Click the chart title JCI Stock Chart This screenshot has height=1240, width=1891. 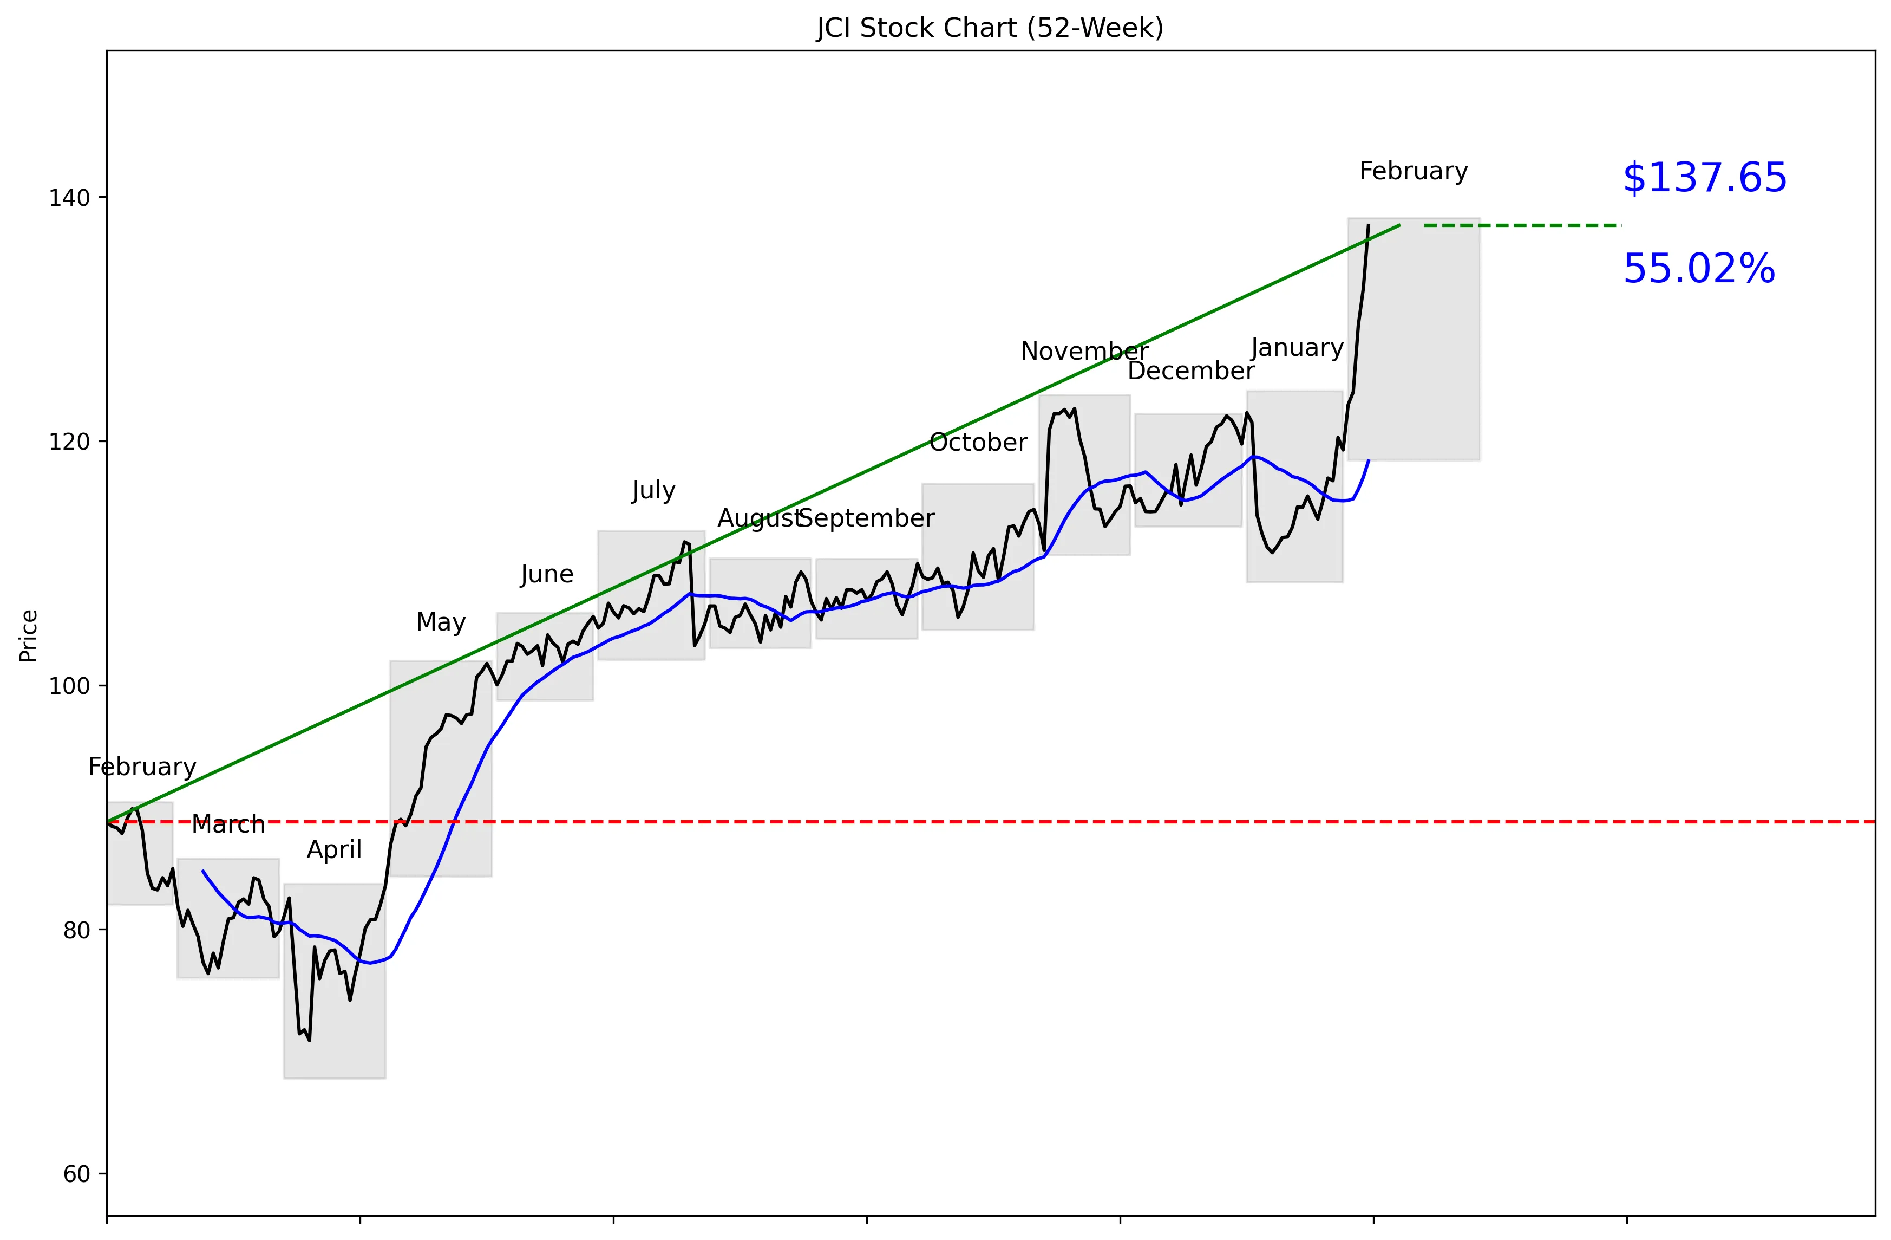(x=989, y=28)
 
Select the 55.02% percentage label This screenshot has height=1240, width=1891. (x=1698, y=269)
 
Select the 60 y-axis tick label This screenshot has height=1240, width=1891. (x=76, y=1173)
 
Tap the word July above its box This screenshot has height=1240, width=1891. (x=653, y=490)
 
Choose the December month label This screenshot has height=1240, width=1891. (x=1190, y=371)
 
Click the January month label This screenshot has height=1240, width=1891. (x=1297, y=348)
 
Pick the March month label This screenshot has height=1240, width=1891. (x=228, y=825)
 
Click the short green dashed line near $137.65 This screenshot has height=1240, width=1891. (x=1522, y=226)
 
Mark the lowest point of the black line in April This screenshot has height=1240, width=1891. (x=309, y=1040)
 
